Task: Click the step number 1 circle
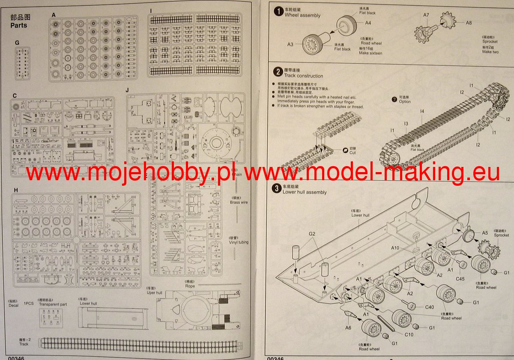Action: [x=279, y=12]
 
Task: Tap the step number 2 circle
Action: [x=278, y=72]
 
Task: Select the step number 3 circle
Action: [x=277, y=189]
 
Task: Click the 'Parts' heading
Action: [x=19, y=25]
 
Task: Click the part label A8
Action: [x=469, y=23]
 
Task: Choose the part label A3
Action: [x=290, y=44]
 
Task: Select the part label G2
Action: [x=312, y=234]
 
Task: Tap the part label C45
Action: [x=460, y=279]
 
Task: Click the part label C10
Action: [x=409, y=334]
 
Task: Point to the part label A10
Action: [x=394, y=247]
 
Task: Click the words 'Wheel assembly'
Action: [x=302, y=15]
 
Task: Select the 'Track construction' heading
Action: [x=303, y=76]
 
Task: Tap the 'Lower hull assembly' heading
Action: [x=305, y=192]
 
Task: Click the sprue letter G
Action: [x=17, y=43]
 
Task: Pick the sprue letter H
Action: [x=15, y=190]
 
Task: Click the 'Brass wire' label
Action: [x=239, y=202]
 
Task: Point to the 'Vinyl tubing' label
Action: [x=239, y=242]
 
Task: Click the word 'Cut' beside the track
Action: [x=352, y=153]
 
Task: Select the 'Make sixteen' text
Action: [x=371, y=53]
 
